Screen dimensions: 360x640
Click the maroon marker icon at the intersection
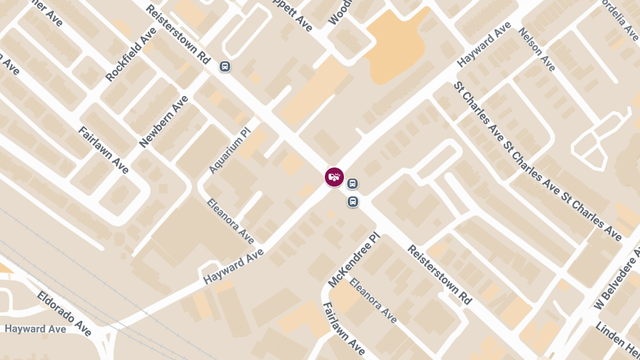[334, 177]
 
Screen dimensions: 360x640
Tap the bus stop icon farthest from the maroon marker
[225, 67]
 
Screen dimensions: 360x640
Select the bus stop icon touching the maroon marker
[352, 184]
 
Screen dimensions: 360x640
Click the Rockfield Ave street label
[131, 54]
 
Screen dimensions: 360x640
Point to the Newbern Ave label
[164, 122]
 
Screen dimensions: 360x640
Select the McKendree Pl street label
[353, 260]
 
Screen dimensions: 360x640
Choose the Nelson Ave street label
[537, 49]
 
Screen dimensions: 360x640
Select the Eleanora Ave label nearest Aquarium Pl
[230, 221]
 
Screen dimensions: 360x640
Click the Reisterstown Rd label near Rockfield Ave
[178, 36]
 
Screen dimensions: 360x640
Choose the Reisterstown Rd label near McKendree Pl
[440, 275]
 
